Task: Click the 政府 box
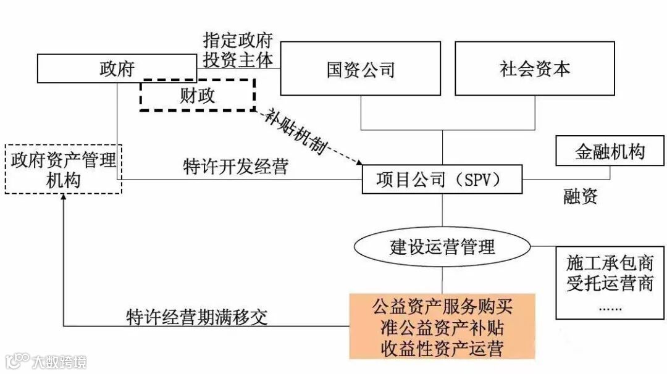(x=116, y=69)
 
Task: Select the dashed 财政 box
(x=197, y=95)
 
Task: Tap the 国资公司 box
(x=361, y=69)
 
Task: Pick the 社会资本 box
(x=534, y=69)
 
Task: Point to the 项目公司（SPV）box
(x=442, y=180)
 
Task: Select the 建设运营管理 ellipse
(x=442, y=247)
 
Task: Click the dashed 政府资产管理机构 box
(x=64, y=168)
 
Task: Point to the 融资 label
(x=580, y=197)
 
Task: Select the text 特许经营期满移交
(x=198, y=317)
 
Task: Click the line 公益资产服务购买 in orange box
(x=442, y=305)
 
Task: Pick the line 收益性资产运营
(x=442, y=348)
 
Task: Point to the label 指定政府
(x=238, y=41)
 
